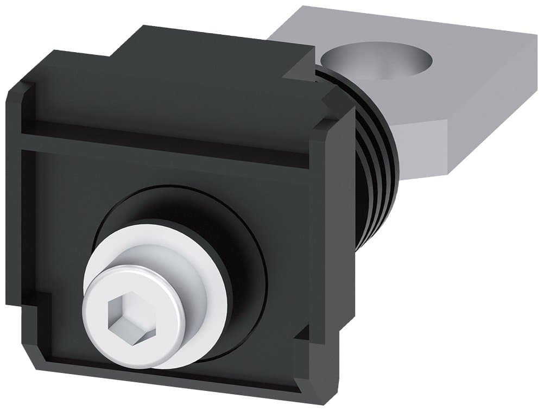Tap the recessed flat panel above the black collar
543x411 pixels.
click(163, 174)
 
